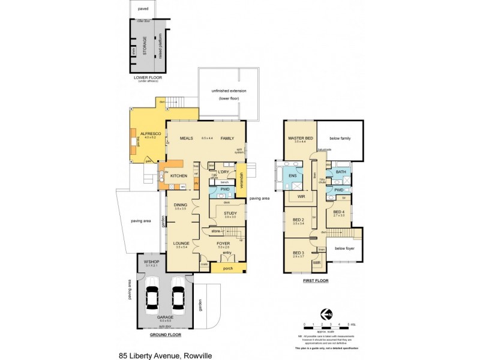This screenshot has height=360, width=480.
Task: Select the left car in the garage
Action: pyautogui.click(x=152, y=296)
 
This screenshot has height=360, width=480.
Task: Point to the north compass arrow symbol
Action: pyautogui.click(x=326, y=314)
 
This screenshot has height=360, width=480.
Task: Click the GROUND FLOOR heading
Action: pyautogui.click(x=166, y=335)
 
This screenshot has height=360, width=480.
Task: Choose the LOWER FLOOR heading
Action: pyautogui.click(x=147, y=77)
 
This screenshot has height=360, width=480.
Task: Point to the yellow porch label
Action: pyautogui.click(x=228, y=268)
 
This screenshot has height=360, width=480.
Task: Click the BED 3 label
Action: pyautogui.click(x=298, y=253)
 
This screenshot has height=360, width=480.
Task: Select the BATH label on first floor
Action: pyautogui.click(x=340, y=172)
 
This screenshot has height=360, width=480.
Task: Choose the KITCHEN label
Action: pyautogui.click(x=179, y=175)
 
